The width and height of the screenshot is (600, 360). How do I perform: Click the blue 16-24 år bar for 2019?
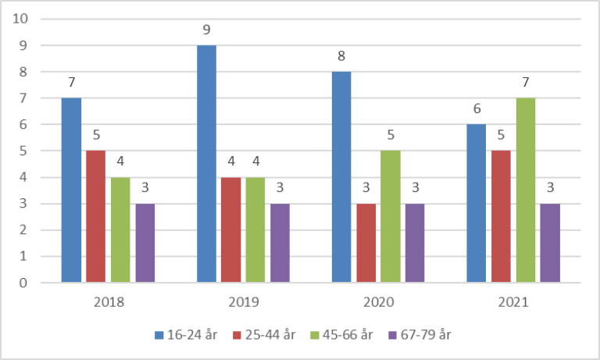(206, 164)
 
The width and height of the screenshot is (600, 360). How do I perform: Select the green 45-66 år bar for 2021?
(526, 191)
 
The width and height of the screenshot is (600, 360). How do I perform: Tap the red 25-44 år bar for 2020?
(366, 243)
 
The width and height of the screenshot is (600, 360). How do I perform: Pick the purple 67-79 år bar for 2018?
(145, 243)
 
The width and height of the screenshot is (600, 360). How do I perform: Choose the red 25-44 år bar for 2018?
(96, 216)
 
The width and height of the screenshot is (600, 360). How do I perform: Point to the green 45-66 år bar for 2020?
(391, 216)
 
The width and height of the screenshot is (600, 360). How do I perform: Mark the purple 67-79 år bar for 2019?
(280, 243)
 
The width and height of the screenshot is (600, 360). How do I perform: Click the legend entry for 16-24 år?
(186, 334)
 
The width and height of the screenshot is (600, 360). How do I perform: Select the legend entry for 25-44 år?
(270, 334)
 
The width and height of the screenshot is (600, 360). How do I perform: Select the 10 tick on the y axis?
(21, 19)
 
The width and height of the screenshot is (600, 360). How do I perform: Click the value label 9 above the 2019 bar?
(206, 30)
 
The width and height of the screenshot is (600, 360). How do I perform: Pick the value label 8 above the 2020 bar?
(341, 56)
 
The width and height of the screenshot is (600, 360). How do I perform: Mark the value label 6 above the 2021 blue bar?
(477, 109)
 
